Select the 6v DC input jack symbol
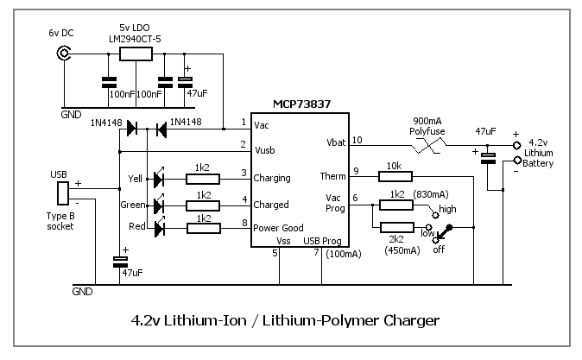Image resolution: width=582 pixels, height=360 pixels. coord(63,54)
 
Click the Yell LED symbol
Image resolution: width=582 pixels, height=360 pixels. coord(159,179)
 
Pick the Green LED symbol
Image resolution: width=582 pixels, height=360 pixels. coord(159,205)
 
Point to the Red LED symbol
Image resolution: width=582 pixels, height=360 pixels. coord(159,229)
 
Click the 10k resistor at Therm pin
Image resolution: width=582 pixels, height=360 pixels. coord(395,176)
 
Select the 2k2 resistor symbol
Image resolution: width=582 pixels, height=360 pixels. coord(397,228)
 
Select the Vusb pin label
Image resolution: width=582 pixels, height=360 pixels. coord(267,149)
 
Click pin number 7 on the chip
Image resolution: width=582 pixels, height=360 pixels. coord(316,253)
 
